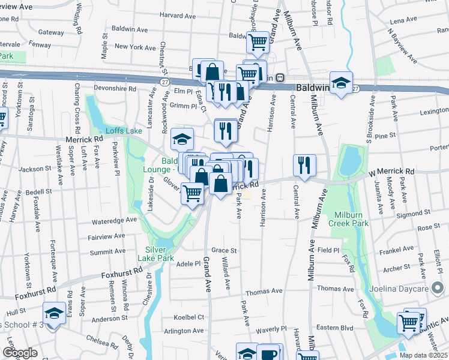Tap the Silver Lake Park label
pyautogui.click(x=159, y=254)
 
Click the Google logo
pyautogui.click(x=20, y=353)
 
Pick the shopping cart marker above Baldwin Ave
pyautogui.click(x=258, y=42)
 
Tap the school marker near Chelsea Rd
pyautogui.click(x=54, y=313)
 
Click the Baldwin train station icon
pyautogui.click(x=280, y=77)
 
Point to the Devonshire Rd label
pyautogui.click(x=115, y=88)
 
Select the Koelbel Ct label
pyautogui.click(x=188, y=317)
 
